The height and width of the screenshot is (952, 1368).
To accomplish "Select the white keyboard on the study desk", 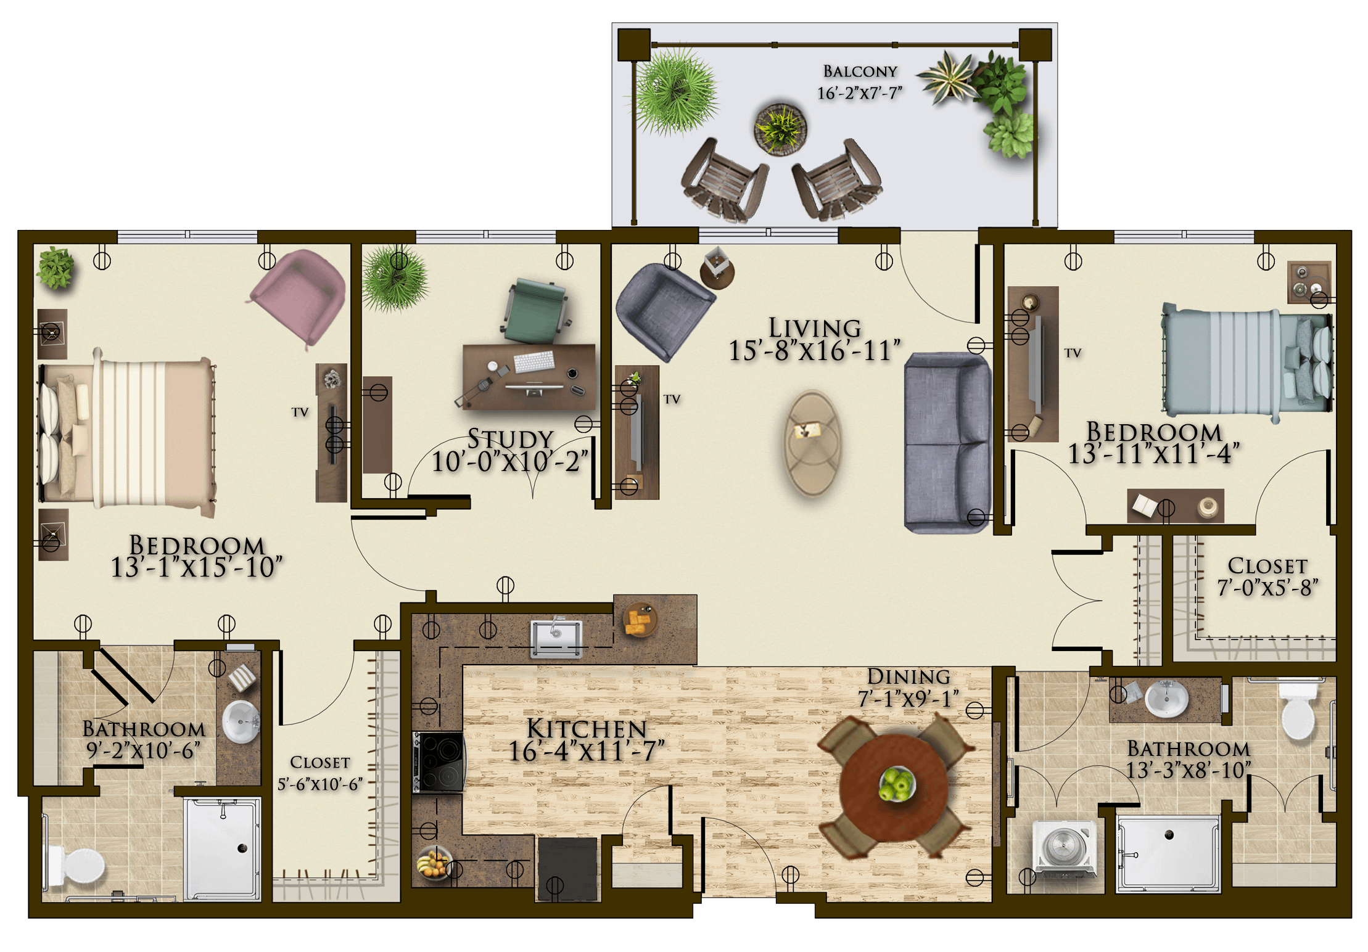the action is click(x=534, y=361).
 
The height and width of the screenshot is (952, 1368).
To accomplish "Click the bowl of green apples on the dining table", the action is click(x=896, y=784).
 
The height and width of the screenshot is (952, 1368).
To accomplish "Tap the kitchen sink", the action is click(x=556, y=638).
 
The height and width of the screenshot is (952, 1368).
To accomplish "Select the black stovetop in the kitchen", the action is click(x=439, y=761).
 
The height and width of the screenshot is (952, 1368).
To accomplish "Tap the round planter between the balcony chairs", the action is click(x=780, y=128).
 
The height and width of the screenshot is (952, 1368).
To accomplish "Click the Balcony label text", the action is click(x=860, y=72).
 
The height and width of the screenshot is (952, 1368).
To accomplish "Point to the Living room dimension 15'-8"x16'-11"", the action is click(x=814, y=351).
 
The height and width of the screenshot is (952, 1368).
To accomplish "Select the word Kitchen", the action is click(x=586, y=729).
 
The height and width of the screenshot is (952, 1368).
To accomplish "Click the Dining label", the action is click(x=909, y=676).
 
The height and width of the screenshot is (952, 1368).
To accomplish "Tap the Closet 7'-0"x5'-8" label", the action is click(x=1267, y=577).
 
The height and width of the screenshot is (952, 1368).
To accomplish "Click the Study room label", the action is click(x=510, y=439).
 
